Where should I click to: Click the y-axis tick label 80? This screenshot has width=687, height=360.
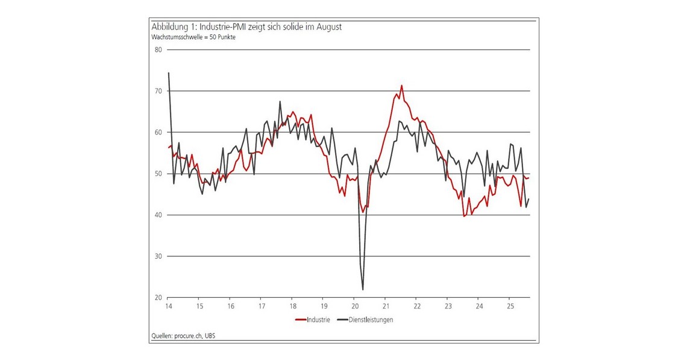click(158, 49)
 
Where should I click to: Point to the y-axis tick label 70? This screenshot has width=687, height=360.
click(158, 91)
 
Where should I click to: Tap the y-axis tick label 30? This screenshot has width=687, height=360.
click(158, 256)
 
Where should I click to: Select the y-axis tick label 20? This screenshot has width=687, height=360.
click(158, 298)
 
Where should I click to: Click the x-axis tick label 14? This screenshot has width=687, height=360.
click(169, 306)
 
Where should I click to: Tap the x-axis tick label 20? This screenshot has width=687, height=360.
click(354, 306)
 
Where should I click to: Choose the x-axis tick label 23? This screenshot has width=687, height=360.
click(447, 306)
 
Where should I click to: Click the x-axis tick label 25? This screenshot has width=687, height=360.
click(509, 306)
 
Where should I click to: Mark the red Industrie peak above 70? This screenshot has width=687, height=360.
click(401, 86)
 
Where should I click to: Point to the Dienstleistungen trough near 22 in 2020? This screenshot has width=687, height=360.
click(363, 289)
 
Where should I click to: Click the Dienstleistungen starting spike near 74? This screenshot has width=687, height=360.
click(168, 73)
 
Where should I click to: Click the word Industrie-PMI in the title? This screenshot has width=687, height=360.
click(218, 27)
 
